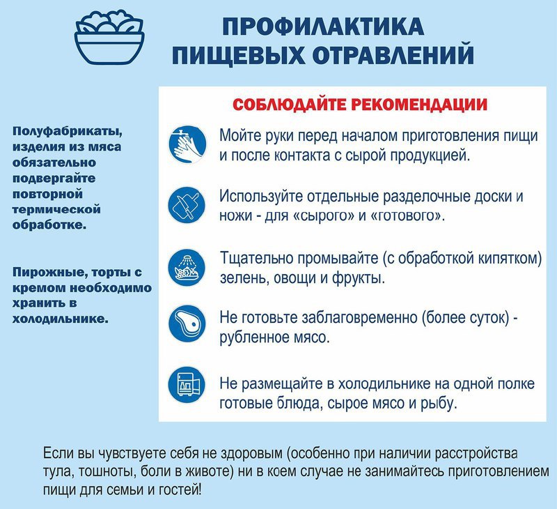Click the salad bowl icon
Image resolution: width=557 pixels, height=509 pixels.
pyautogui.click(x=109, y=38)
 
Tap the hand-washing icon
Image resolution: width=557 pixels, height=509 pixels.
pyautogui.click(x=187, y=144)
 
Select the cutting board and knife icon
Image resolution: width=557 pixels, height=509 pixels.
pyautogui.click(x=187, y=205)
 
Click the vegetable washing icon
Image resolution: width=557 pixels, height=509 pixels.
pyautogui.click(x=187, y=268)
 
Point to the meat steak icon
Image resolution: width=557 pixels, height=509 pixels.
pyautogui.click(x=187, y=324)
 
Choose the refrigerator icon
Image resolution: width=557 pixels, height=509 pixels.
pyautogui.click(x=187, y=385)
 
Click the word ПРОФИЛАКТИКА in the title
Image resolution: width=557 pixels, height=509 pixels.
pyautogui.click(x=323, y=26)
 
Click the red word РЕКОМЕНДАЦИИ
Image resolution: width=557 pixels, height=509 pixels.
pyautogui.click(x=419, y=104)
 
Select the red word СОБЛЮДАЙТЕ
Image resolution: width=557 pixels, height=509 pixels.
pyautogui.click(x=289, y=104)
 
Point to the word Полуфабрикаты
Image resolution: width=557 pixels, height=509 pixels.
pyautogui.click(x=68, y=132)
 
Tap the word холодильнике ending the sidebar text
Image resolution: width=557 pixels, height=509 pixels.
pyautogui.click(x=60, y=319)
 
